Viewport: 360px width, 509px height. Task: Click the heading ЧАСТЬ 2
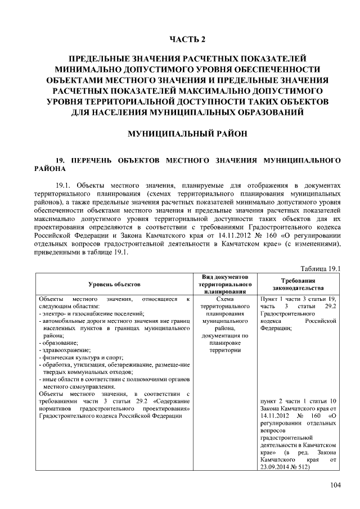pos(188,39)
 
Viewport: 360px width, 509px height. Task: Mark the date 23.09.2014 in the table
pos(277,467)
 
